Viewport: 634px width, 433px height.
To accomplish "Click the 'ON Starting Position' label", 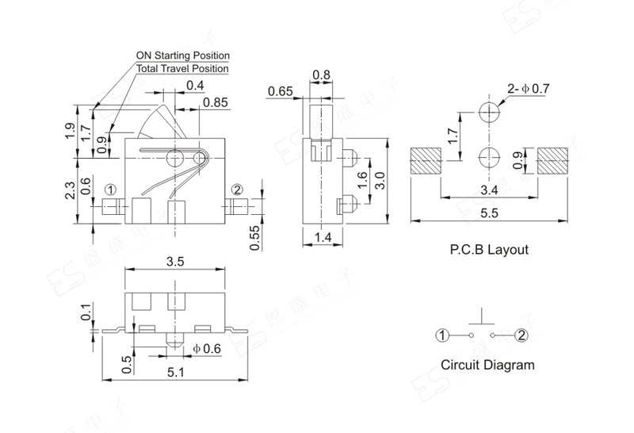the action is [x=183, y=56].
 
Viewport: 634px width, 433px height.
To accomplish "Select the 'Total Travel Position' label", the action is [x=182, y=68].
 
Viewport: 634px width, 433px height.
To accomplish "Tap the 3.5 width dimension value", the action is [x=175, y=262].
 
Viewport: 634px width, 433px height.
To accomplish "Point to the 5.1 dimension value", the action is [x=175, y=372].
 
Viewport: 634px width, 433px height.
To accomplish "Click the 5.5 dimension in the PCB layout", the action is [x=489, y=213].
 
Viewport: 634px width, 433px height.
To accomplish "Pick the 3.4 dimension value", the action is [x=489, y=190].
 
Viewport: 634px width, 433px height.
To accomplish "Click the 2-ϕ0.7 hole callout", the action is [x=529, y=88].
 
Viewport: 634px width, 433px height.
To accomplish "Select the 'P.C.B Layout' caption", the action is [x=489, y=249].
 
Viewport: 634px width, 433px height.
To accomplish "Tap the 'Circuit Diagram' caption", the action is [x=487, y=365].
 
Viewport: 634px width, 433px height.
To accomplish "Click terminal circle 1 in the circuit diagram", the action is [x=442, y=335].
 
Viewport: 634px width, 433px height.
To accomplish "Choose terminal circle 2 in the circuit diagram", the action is [x=521, y=335].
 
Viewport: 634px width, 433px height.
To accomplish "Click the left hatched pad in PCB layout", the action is [x=426, y=161].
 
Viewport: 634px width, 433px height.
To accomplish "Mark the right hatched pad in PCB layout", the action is [x=552, y=161].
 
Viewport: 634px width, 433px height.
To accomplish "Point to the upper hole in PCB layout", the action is [x=489, y=111].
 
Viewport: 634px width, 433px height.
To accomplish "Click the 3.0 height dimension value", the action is [x=380, y=181].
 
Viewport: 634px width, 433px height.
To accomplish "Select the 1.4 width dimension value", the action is [x=323, y=237].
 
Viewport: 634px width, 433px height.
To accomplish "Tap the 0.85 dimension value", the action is [x=215, y=102].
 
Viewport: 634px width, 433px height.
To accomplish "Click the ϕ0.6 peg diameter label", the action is [x=207, y=348].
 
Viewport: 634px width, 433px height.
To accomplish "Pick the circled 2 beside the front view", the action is [x=237, y=190].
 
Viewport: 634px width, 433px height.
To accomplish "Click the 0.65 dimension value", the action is [x=281, y=91].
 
